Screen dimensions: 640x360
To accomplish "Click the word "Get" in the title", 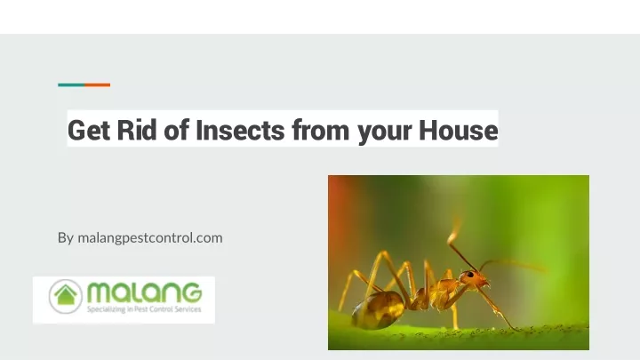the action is click(x=89, y=131).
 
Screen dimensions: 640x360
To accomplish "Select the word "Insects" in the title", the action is click(x=240, y=130).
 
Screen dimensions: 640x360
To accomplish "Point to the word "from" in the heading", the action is click(x=320, y=130).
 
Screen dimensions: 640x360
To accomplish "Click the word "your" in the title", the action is click(x=385, y=133).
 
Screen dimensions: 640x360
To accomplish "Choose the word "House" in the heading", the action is click(x=459, y=130).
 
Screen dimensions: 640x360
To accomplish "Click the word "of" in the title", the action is click(x=176, y=130).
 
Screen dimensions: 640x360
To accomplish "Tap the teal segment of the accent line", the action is click(x=71, y=85).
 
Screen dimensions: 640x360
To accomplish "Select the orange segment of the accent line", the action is click(x=98, y=85).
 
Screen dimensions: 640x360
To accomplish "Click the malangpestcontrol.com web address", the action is click(x=150, y=238).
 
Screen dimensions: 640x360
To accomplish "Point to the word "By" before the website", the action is click(x=66, y=238).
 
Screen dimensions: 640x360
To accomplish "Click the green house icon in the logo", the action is click(x=66, y=295).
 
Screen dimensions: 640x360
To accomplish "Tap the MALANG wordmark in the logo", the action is click(x=145, y=292).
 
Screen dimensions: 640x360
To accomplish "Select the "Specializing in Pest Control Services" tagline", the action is click(x=144, y=309).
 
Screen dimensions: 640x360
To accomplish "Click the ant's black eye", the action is click(x=470, y=275).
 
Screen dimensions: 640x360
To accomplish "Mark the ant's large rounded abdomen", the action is click(x=378, y=310).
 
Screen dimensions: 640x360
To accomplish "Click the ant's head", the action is click(x=474, y=279).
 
